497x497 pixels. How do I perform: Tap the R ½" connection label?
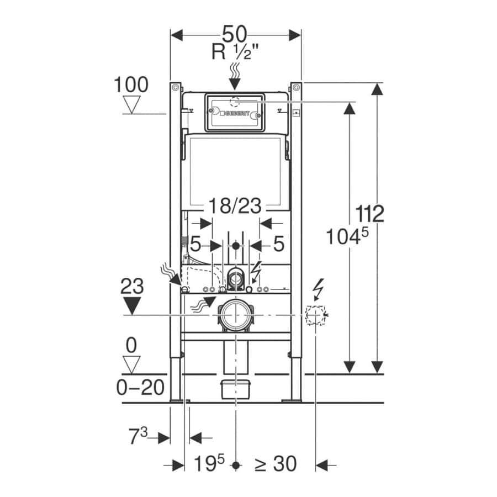(x=235, y=52)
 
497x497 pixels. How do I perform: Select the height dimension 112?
(x=369, y=214)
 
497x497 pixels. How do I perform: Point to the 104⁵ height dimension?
(x=347, y=236)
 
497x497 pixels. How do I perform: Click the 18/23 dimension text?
(x=235, y=206)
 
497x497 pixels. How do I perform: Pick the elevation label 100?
(x=131, y=84)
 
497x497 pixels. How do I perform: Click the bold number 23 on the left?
(x=132, y=286)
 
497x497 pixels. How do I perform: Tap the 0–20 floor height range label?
(x=140, y=387)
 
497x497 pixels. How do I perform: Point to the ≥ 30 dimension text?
(x=276, y=464)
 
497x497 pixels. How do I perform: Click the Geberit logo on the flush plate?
(x=235, y=113)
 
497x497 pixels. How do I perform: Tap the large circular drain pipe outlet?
(x=235, y=315)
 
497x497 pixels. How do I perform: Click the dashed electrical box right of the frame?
(x=315, y=315)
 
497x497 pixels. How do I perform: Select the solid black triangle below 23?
(x=132, y=305)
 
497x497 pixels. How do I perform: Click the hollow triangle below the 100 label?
(x=131, y=104)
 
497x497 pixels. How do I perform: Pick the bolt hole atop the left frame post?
(x=175, y=87)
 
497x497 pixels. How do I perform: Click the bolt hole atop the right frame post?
(x=296, y=87)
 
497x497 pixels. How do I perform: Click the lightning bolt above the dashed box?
(x=319, y=289)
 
